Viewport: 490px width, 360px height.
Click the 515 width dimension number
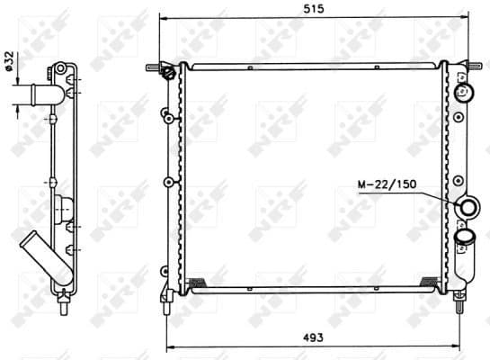[313, 8]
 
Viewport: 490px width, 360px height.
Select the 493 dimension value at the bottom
[313, 337]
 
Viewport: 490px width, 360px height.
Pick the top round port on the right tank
[466, 92]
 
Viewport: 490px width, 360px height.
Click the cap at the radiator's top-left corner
[166, 72]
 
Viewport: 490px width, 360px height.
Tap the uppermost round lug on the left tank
[166, 115]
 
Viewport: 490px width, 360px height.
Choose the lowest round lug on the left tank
[165, 270]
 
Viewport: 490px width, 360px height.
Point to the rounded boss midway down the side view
[63, 210]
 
